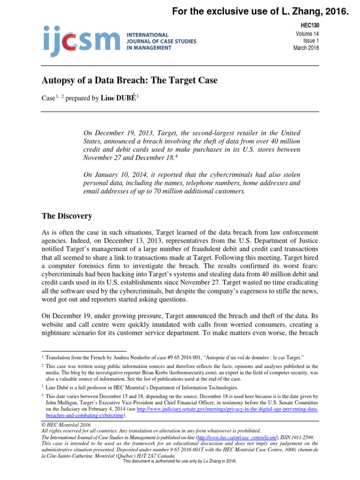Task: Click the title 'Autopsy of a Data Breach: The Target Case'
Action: tap(130, 81)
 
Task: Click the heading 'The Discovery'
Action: tap(67, 216)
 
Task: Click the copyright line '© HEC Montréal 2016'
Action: tap(67, 425)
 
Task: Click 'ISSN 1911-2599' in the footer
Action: tap(297, 437)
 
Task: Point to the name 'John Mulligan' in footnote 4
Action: tap(61, 403)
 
